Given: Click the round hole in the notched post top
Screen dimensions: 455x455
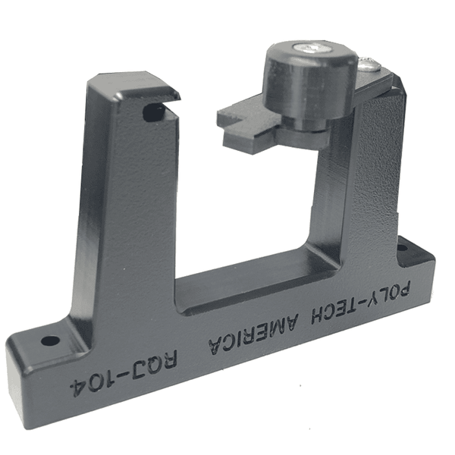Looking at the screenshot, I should pos(153,113).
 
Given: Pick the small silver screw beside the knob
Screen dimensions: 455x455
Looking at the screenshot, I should pos(368,65).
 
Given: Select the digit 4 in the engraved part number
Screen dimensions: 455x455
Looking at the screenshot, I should pos(75,385).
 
